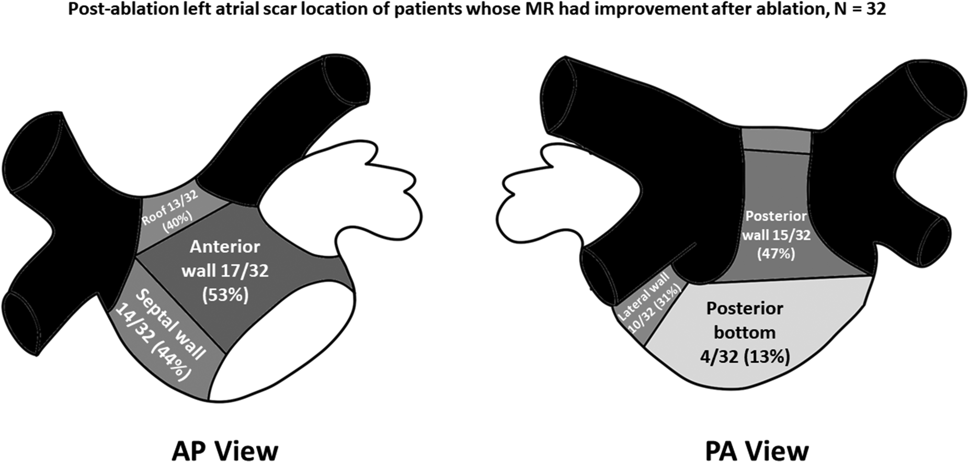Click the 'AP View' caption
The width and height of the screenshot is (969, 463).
(225, 450)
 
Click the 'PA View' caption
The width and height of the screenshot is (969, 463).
(756, 450)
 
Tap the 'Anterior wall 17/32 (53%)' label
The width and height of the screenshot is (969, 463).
(225, 270)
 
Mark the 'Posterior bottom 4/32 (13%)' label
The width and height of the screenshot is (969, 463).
(745, 332)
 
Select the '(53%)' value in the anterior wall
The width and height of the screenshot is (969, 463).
(225, 295)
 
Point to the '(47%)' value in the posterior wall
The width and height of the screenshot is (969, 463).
(776, 254)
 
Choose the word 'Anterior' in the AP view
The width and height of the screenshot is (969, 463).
(225, 246)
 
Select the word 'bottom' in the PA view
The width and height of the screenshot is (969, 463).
(745, 333)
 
